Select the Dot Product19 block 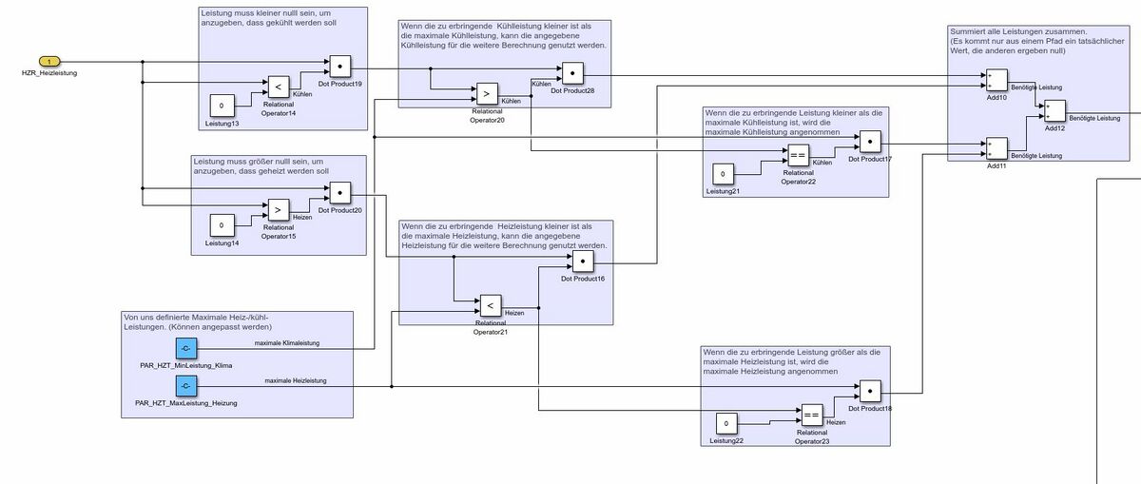(x=341, y=67)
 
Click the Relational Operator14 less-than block (x=278, y=87)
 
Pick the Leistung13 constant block (x=222, y=106)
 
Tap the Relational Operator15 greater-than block (x=278, y=207)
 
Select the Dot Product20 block (x=340, y=192)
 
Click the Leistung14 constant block (x=222, y=225)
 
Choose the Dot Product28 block (x=572, y=73)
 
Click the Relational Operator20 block (x=486, y=94)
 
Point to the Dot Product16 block (x=583, y=261)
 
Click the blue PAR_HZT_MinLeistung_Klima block (x=185, y=348)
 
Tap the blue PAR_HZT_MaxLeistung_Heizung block (x=185, y=386)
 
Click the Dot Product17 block (x=870, y=142)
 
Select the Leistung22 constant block (x=727, y=422)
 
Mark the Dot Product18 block (x=872, y=392)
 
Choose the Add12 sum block (x=1054, y=111)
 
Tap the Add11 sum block (x=996, y=148)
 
